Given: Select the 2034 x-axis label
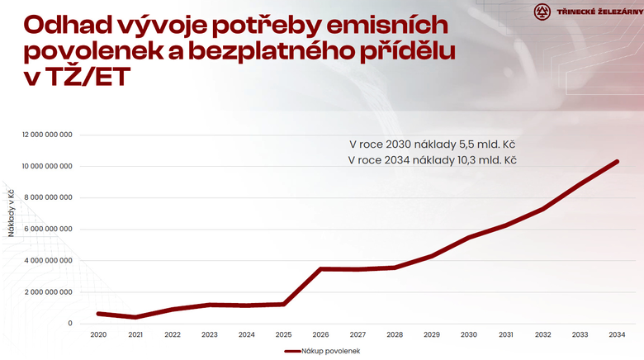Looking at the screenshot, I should tap(617, 334).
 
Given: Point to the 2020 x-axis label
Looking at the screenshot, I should tap(98, 334).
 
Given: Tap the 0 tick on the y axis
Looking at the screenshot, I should tap(70, 324).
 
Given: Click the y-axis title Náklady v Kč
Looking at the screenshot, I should tap(12, 213).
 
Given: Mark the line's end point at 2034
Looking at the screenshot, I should tap(617, 162).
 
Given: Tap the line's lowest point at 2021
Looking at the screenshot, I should tap(135, 317).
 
